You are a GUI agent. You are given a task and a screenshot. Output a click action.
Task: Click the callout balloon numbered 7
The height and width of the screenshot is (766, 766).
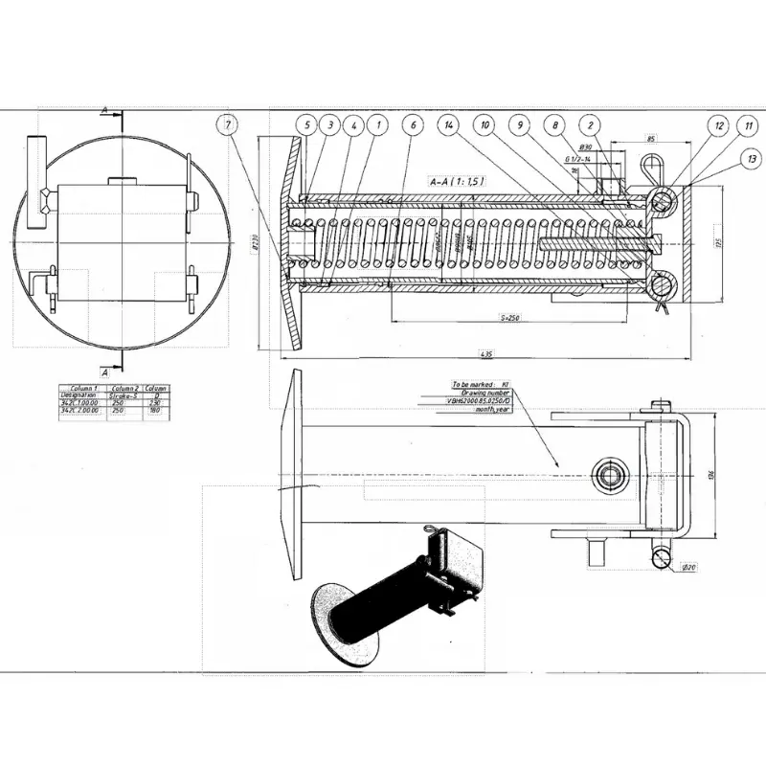(227, 124)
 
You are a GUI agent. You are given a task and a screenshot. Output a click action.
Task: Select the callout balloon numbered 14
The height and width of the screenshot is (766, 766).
(447, 124)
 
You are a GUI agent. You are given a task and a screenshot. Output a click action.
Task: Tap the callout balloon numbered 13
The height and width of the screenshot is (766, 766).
(753, 159)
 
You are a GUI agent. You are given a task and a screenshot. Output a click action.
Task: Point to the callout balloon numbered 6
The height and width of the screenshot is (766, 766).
(412, 124)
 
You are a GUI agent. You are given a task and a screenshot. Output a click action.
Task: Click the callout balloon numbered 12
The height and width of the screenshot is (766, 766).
(719, 124)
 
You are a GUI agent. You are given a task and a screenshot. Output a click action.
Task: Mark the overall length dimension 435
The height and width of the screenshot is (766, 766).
(486, 354)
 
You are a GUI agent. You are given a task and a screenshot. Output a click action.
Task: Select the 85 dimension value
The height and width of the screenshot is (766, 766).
(651, 140)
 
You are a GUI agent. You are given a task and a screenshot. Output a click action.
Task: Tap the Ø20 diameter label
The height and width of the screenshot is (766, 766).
(688, 568)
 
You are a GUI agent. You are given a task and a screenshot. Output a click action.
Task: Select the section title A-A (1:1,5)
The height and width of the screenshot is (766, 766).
(458, 180)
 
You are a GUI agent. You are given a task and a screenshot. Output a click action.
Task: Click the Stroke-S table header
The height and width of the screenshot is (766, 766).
(125, 394)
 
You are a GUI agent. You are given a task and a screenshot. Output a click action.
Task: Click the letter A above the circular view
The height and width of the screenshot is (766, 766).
(103, 111)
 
